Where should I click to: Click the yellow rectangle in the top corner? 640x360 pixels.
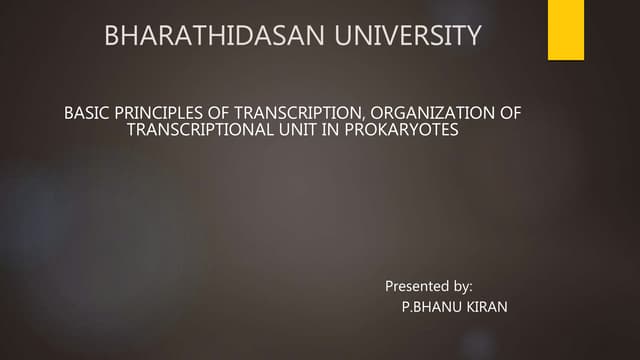point(565,30)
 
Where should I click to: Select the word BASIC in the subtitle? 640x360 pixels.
point(84,113)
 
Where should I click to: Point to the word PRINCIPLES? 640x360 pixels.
point(157,113)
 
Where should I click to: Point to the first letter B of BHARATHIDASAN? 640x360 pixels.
point(111,39)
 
